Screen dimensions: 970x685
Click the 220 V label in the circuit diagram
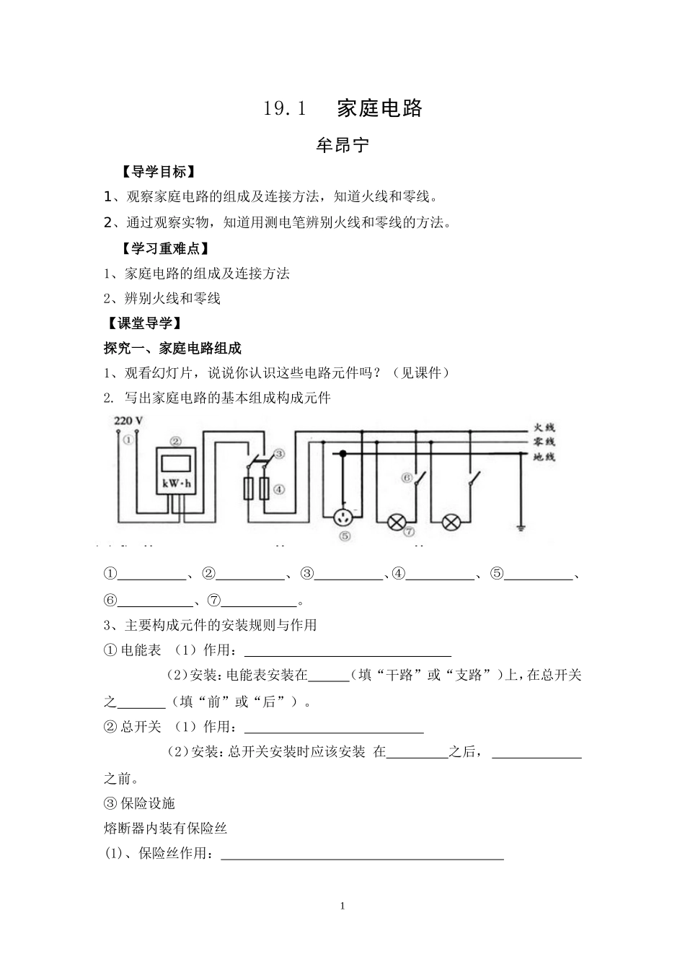point(128,420)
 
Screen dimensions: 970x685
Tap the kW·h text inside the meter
point(176,484)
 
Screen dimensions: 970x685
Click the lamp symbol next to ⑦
point(397,522)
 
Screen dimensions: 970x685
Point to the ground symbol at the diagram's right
point(521,529)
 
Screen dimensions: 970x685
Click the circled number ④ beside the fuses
point(280,489)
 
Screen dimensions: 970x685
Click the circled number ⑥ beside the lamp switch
point(407,477)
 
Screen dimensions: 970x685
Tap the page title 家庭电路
point(380,108)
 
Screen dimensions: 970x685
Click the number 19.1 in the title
point(286,109)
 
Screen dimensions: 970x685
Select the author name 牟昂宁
point(343,145)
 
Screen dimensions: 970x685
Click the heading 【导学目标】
point(160,172)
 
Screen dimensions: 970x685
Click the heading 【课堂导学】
point(144,323)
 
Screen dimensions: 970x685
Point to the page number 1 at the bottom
point(343,906)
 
